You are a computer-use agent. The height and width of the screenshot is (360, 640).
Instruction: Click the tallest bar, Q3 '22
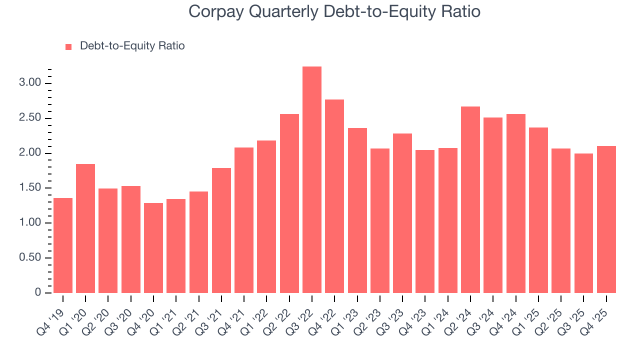pos(312,180)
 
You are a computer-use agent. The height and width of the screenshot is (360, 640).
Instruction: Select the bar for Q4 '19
pos(63,245)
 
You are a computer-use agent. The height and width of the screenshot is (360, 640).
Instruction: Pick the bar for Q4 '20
pos(153,248)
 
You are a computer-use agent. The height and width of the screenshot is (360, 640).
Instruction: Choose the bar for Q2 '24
pos(470,200)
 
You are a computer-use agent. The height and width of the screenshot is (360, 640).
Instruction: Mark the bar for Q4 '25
pos(606,219)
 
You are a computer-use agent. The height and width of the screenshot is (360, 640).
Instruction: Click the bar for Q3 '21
pos(221,230)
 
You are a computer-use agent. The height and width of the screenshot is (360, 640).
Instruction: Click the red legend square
pos(69,46)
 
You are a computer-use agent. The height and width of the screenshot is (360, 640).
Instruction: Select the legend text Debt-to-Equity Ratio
pos(132,46)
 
